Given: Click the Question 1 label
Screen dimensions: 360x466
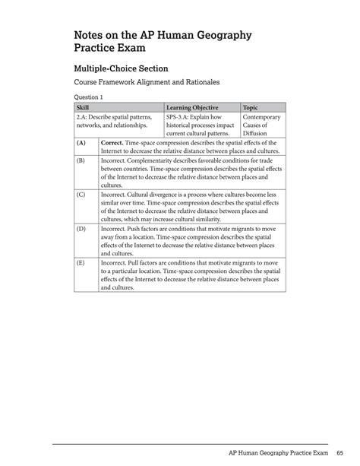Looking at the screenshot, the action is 88,97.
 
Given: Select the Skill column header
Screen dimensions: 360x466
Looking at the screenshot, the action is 84,108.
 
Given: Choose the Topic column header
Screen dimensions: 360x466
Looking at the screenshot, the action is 251,108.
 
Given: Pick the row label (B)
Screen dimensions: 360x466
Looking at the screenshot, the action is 81,162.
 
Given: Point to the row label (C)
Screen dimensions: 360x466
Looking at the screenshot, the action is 81,195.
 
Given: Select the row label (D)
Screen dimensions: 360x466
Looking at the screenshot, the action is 81,228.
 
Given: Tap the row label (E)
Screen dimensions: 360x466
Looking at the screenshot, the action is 81,262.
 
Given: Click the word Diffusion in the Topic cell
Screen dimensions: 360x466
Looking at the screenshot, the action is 256,134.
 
